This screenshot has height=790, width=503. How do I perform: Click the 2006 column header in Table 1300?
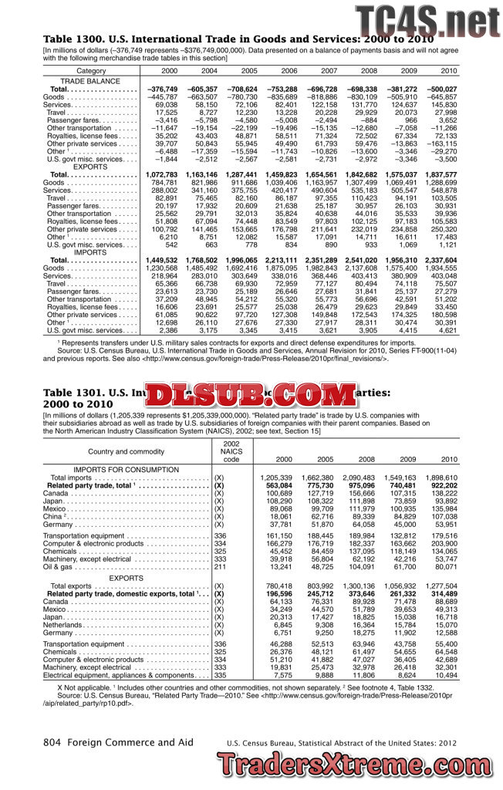(x=289, y=71)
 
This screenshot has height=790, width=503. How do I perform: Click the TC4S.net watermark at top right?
(x=426, y=19)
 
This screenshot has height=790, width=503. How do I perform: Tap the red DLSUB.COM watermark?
(x=244, y=396)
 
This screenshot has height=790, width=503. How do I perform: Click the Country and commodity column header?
(x=127, y=451)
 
